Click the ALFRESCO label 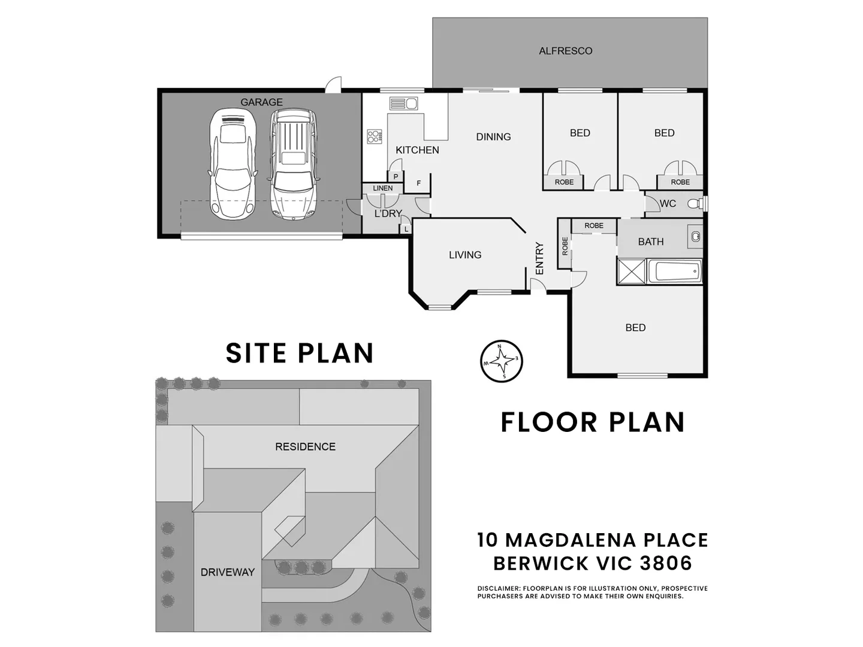point(565,51)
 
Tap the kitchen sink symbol point(403,103)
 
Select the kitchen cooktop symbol point(375,137)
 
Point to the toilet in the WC point(696,204)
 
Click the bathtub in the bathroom point(675,271)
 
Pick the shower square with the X point(632,271)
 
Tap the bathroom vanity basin point(695,237)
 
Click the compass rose point(501,361)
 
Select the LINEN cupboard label point(382,188)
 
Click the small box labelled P point(396,177)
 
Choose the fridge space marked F point(418,183)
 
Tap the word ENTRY point(539,258)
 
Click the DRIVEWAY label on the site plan point(228,572)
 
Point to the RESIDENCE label point(305,447)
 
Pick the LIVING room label point(465,255)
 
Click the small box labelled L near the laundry point(406,229)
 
